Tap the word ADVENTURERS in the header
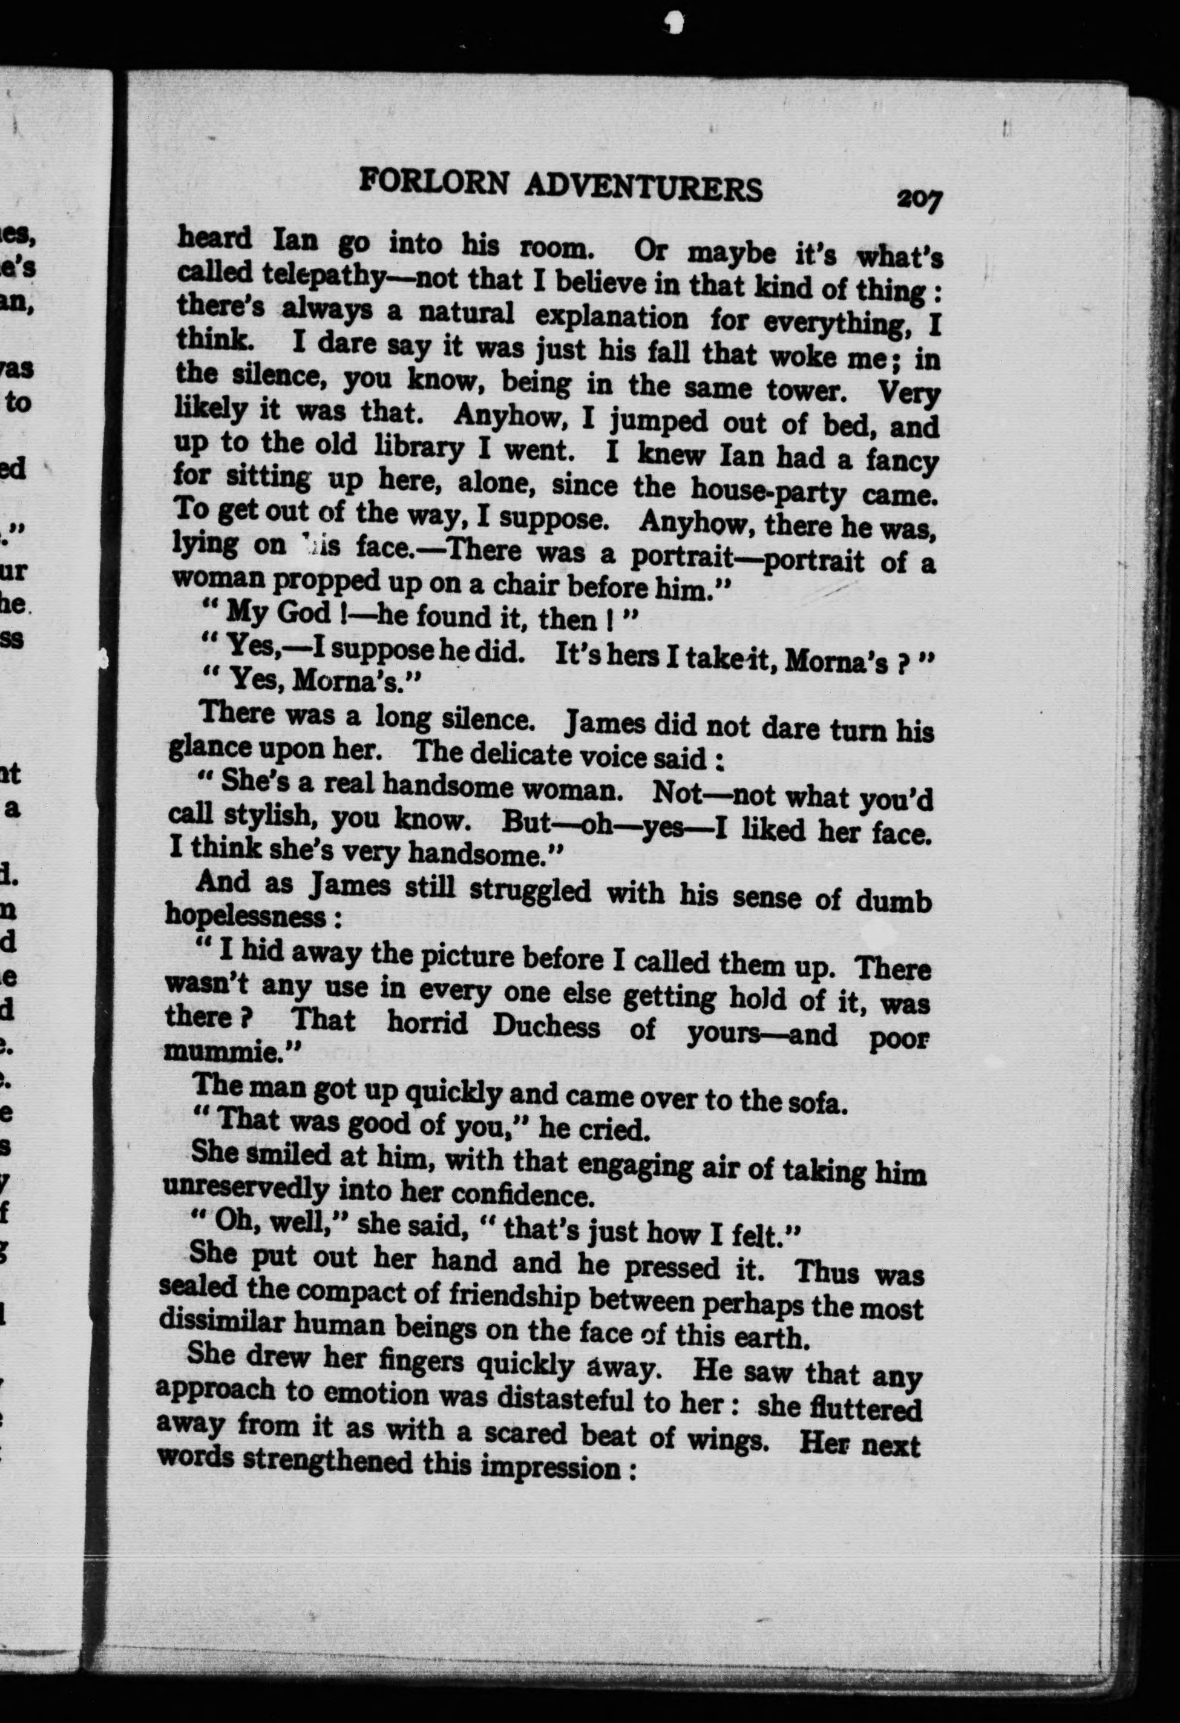[x=643, y=188]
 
